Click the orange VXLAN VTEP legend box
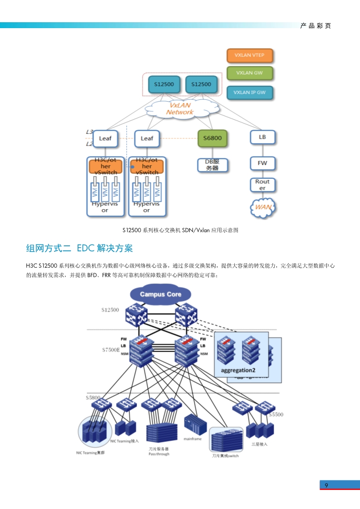249,55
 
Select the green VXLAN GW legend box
249,73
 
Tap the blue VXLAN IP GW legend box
249,92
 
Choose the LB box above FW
262,137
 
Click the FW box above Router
262,163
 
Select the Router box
262,185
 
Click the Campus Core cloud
160,294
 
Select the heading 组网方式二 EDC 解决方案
79,248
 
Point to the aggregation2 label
238,370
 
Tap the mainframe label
192,439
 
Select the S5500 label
276,415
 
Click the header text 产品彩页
316,26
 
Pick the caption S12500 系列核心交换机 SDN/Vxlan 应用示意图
180,230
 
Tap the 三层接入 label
259,444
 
